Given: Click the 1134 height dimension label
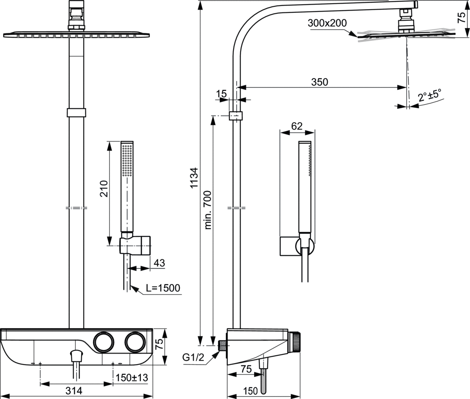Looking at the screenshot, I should click(x=195, y=179).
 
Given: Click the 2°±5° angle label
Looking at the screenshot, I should click(x=429, y=96).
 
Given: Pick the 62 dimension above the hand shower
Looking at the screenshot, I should click(x=297, y=125).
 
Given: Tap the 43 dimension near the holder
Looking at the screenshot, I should click(x=159, y=263).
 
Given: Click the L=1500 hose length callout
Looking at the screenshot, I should click(x=163, y=288).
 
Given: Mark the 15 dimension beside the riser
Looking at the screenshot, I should click(x=222, y=94).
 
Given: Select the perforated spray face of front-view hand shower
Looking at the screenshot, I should click(x=127, y=161).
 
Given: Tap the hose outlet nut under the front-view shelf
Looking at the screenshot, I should click(x=76, y=355).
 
